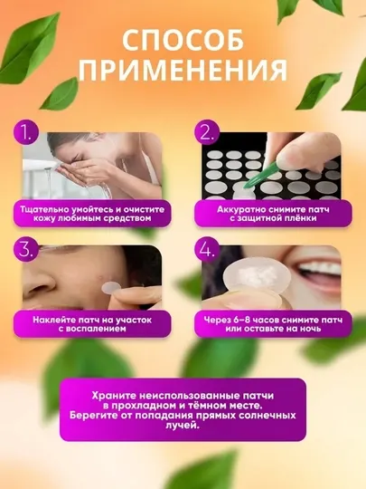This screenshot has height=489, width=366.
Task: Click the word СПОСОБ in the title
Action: point(183,40)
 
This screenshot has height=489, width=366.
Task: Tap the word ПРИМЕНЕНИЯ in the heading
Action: point(183,72)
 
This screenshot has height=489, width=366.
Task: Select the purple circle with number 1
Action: point(26,133)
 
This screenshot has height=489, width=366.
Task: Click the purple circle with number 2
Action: point(207,133)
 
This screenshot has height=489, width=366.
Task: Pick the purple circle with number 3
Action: point(26,250)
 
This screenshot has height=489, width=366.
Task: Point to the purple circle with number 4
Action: point(207,250)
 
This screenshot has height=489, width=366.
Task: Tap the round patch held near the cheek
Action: point(112,286)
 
